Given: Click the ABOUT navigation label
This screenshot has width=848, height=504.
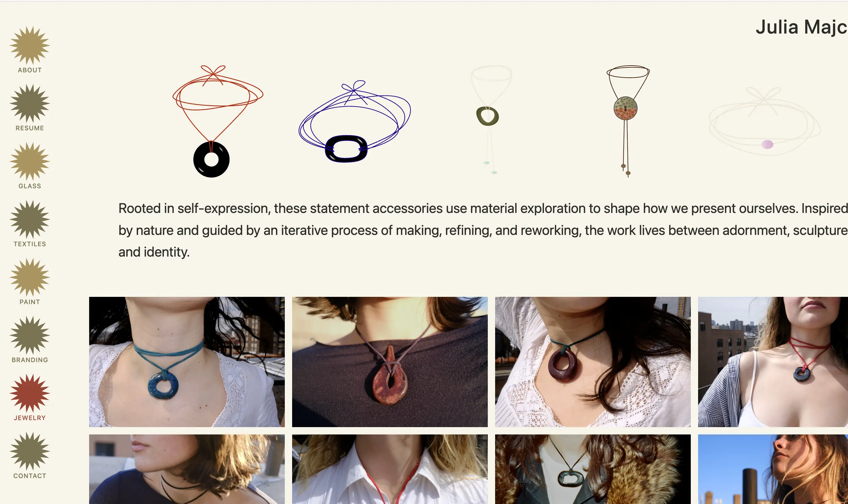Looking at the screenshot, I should [30, 70].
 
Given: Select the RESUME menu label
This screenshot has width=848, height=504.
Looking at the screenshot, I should [30, 128].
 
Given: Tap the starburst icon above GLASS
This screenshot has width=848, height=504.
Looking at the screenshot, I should [30, 161].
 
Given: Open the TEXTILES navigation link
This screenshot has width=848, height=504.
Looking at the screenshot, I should [30, 244].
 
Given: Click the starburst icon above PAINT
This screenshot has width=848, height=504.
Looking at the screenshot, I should [30, 277].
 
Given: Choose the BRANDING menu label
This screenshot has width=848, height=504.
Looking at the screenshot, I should [30, 360].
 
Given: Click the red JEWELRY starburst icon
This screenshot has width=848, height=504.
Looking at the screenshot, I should [30, 393].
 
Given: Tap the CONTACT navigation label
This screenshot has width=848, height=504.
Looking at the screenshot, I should [30, 476].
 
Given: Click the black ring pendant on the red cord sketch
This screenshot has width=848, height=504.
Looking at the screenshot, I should [211, 160].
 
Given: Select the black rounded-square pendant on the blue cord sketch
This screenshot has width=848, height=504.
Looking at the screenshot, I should [346, 149].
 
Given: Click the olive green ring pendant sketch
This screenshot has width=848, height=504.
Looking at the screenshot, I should [487, 116].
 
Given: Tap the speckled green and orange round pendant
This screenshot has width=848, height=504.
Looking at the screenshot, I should [625, 108].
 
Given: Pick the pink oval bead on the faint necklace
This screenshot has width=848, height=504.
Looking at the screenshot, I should [767, 144].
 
